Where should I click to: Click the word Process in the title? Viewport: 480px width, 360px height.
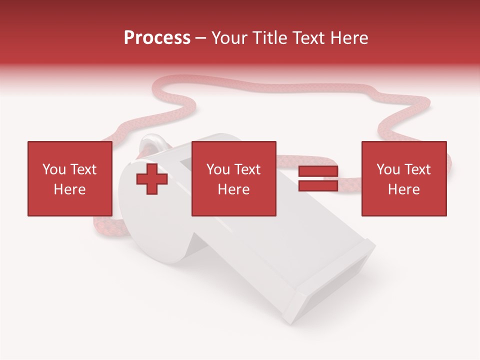tap(157, 38)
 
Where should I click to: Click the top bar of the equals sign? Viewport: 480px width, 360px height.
tap(318, 171)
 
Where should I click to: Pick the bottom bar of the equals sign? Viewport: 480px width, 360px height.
tap(318, 186)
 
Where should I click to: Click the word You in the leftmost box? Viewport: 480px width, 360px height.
tap(54, 169)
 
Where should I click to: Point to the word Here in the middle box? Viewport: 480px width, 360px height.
tap(233, 189)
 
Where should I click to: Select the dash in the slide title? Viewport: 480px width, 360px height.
tap(201, 38)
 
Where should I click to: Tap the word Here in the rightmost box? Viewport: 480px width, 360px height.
tap(403, 189)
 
